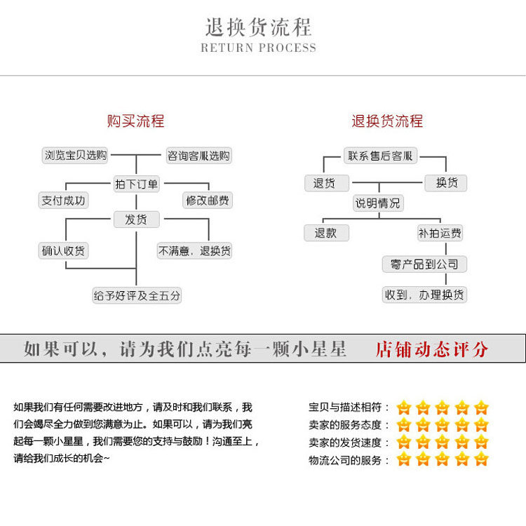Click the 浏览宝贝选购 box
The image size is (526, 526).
tap(76, 156)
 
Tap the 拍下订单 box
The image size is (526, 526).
tap(137, 184)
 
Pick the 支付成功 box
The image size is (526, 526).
tap(63, 201)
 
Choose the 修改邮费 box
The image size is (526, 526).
tap(208, 201)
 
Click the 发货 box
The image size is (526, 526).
tap(137, 220)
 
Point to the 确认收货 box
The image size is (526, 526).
tap(63, 250)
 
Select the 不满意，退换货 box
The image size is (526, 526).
tap(195, 250)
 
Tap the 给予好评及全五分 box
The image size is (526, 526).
tap(137, 295)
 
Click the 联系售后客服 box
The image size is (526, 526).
tap(380, 156)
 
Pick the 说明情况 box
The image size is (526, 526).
tap(379, 203)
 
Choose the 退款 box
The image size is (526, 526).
tap(326, 233)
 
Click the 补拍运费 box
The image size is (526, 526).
tap(440, 233)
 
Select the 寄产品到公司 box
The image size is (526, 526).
tap(424, 264)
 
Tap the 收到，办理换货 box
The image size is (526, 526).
tap(424, 295)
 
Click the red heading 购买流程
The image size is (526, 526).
tap(135, 121)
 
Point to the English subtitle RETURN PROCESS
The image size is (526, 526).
tap(258, 48)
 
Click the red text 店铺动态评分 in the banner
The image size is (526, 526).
tap(431, 349)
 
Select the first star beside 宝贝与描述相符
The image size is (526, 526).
tap(403, 407)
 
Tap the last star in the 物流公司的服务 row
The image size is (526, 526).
tap(480, 460)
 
